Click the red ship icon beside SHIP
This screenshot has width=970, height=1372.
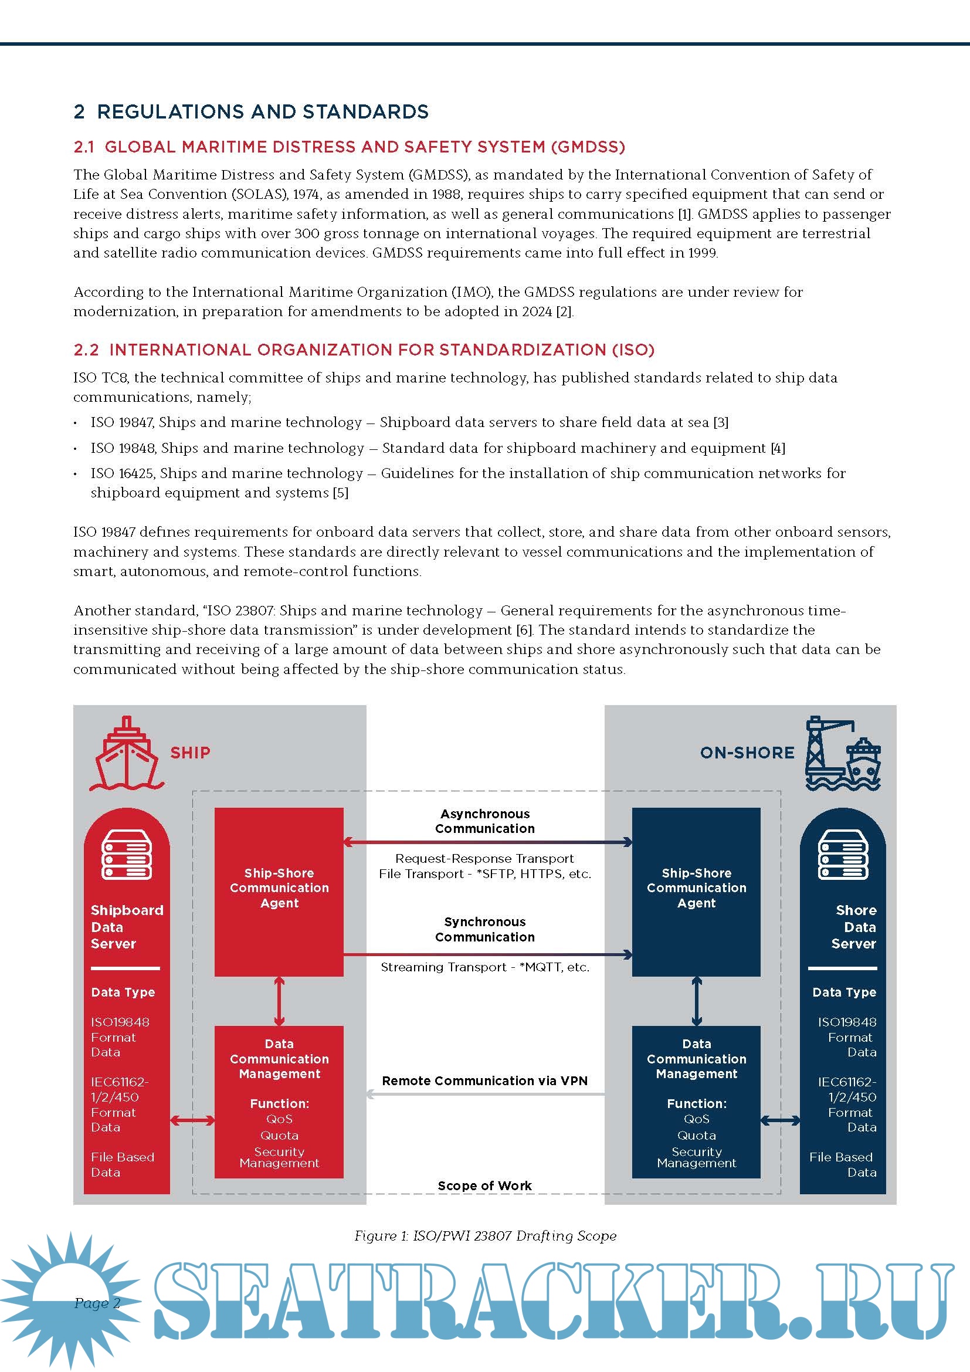coord(126,754)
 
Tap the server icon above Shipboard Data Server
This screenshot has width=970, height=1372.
coord(127,855)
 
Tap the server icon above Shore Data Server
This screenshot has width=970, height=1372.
coord(843,855)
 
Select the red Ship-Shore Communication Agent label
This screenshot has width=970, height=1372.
coord(279,888)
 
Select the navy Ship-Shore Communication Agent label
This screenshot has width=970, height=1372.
coord(697,888)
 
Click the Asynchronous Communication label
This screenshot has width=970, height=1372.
coord(484,821)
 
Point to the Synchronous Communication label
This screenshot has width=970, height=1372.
coord(484,929)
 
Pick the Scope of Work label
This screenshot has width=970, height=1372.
coord(484,1185)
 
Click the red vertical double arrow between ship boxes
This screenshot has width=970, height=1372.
coord(279,1001)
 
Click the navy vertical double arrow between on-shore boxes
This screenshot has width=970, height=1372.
coord(697,1001)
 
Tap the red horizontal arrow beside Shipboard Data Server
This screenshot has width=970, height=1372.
coord(192,1120)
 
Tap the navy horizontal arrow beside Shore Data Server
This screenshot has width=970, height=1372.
coord(781,1120)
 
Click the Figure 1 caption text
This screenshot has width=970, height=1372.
coord(485,1236)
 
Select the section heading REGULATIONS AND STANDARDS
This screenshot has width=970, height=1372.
coord(263,112)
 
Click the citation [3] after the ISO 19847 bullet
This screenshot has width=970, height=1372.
coord(721,422)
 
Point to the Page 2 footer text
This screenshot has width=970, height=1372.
coord(97,1303)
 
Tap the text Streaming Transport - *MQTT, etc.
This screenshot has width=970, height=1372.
coord(485,967)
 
